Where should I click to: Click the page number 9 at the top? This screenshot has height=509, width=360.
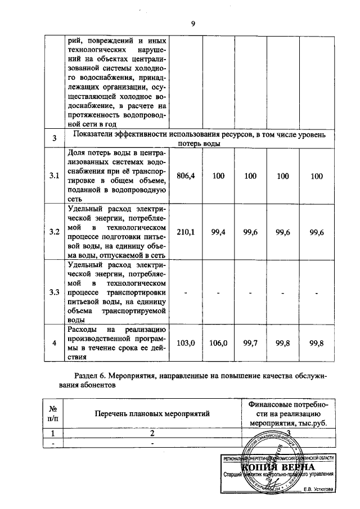pos(193,23)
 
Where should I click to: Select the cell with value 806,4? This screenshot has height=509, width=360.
pos(186,176)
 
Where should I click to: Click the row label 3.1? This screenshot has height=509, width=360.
pos(55,176)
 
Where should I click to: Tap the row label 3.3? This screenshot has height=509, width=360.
pos(55,291)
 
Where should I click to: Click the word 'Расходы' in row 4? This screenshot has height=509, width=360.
pos(82,329)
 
